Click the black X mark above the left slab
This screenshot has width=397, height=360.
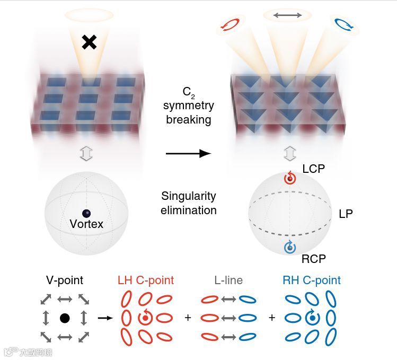tap(89, 42)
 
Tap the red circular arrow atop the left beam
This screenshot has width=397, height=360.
tap(231, 24)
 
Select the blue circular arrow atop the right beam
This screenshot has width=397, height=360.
tap(341, 24)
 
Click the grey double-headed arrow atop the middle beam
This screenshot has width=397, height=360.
tap(287, 15)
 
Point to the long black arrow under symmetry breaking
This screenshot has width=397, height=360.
tap(188, 154)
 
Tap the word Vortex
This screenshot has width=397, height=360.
tap(86, 224)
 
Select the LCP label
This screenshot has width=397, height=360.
tap(313, 168)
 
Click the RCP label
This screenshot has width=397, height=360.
tap(314, 259)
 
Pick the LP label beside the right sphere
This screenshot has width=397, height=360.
tap(346, 214)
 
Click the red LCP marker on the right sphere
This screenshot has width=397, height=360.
tap(289, 179)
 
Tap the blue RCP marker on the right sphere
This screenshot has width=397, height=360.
tap(289, 247)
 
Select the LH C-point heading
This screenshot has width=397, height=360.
tap(145, 280)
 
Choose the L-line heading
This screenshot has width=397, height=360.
tap(228, 280)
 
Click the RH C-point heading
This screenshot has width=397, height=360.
tap(311, 280)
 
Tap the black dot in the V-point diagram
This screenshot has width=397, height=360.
tap(65, 318)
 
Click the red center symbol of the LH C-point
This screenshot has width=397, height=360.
tap(144, 318)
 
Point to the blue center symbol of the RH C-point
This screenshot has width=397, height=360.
tap(312, 318)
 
